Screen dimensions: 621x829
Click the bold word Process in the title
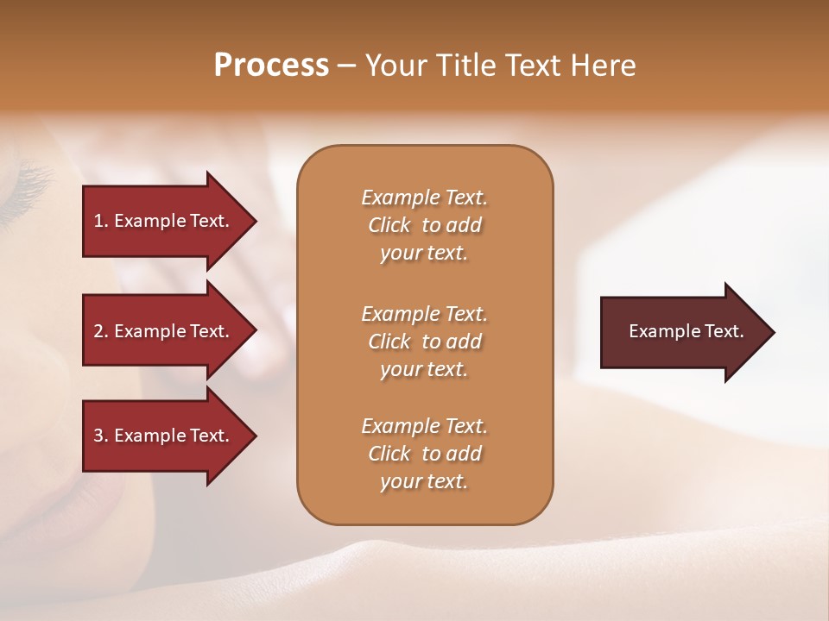271,66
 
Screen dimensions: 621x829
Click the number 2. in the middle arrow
101,331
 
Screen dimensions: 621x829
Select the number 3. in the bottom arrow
101,436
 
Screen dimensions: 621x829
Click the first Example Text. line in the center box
424,198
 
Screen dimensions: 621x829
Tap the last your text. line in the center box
424,481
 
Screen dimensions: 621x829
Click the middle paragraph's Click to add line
424,342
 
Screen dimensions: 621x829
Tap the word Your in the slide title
392,66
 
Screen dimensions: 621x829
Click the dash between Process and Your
347,66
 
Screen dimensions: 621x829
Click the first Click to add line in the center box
424,225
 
